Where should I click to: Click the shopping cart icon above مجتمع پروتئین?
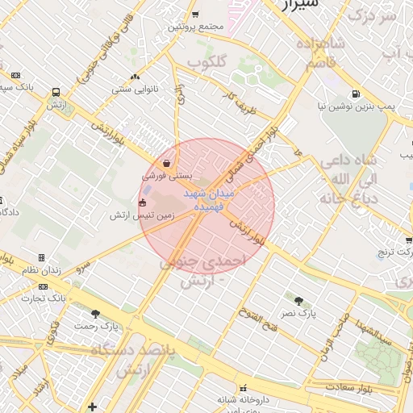coord(195,15)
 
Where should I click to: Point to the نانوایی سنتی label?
coord(132,89)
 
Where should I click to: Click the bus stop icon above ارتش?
coord(56,93)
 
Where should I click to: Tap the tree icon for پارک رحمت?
coord(96,314)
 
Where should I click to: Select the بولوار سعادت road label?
coord(378,389)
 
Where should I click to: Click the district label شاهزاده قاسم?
coord(320,53)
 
